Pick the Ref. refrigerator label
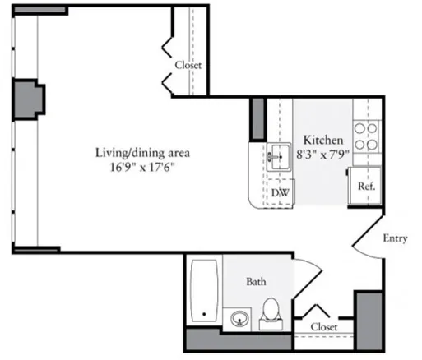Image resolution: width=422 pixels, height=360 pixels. [x=366, y=186]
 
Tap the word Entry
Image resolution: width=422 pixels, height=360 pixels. [x=395, y=238]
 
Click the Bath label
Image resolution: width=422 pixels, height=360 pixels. [x=257, y=281]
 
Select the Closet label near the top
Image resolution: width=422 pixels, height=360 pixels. [x=188, y=65]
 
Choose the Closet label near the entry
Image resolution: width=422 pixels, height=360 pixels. [x=323, y=326]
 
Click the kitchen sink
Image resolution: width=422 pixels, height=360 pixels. [x=279, y=155]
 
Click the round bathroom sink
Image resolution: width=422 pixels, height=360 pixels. [x=239, y=316]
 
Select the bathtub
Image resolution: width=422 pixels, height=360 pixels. [x=202, y=292]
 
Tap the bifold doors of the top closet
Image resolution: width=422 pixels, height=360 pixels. [x=169, y=58]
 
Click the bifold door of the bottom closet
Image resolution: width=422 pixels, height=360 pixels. [x=317, y=311]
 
